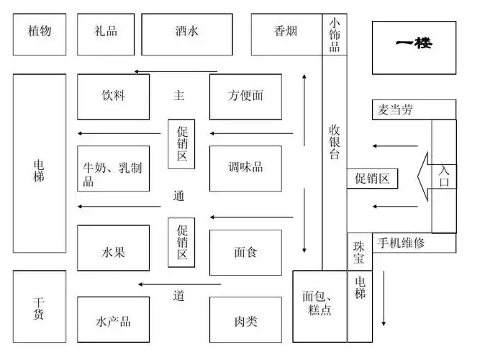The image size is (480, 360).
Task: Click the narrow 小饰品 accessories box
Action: point(335,35)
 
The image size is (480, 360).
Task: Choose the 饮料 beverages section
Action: point(113,96)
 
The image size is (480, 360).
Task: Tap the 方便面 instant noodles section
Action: point(245,96)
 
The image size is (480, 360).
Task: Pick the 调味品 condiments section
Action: point(245,168)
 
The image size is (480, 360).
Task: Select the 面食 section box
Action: point(245,252)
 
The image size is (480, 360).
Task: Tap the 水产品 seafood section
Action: point(113,320)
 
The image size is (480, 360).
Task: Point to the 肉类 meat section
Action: point(245,320)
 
